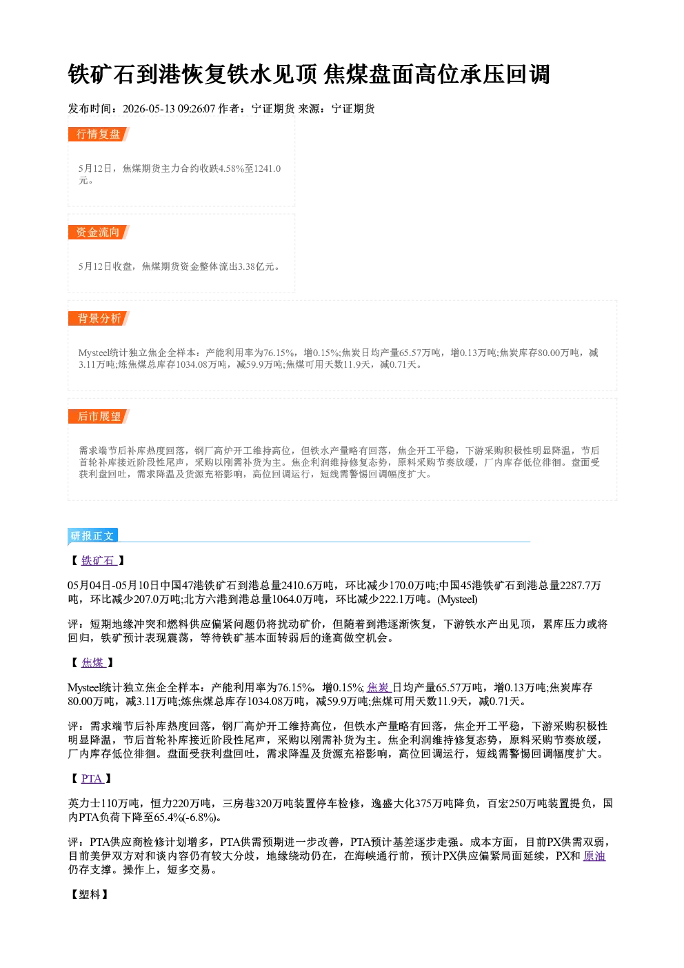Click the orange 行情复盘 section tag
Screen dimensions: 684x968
(99, 134)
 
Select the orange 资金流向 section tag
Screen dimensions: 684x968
(99, 232)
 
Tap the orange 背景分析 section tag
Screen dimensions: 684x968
(99, 319)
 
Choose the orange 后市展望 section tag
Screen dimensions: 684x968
(99, 416)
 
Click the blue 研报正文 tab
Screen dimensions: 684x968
(92, 536)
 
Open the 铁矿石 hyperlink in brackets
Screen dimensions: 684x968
(99, 560)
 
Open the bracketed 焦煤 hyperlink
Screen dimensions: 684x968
(93, 662)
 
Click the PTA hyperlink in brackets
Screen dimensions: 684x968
(92, 778)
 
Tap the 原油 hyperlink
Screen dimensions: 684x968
(594, 856)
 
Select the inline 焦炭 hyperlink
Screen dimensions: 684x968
(379, 687)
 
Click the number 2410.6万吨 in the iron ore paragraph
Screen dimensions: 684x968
(308, 585)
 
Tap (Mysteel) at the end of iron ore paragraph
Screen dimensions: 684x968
(457, 600)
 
